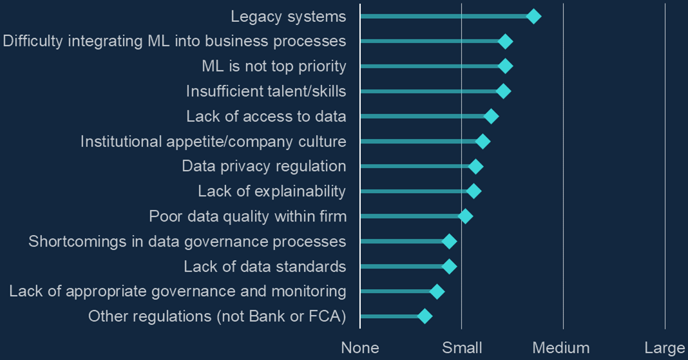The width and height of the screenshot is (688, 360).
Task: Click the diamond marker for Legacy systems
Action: click(533, 17)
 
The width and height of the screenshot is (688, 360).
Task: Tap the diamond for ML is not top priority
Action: click(506, 66)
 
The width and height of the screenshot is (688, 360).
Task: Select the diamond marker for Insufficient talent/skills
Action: click(504, 91)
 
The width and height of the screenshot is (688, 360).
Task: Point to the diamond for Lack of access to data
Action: click(491, 117)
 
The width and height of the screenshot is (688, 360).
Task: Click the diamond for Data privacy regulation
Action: click(475, 167)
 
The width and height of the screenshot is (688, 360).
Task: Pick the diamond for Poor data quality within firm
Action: click(465, 216)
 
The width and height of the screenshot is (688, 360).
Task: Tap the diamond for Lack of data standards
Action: click(449, 267)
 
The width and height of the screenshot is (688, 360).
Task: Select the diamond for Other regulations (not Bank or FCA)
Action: click(424, 316)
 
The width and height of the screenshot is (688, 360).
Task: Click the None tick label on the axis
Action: click(360, 348)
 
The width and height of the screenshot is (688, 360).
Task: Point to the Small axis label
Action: click(462, 348)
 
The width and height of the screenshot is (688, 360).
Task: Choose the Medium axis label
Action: click(561, 348)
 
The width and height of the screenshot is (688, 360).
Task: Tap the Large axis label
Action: click(665, 348)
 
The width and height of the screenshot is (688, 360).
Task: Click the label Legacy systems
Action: click(288, 17)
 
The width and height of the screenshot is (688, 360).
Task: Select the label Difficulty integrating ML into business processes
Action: click(175, 41)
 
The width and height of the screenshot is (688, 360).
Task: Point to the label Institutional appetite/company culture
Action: click(213, 141)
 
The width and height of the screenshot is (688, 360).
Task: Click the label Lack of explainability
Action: click(272, 191)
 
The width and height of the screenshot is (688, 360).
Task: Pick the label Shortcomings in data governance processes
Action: click(187, 242)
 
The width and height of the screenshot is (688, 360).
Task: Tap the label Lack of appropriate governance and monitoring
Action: click(178, 291)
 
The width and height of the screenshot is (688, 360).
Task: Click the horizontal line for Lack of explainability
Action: click(416, 191)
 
